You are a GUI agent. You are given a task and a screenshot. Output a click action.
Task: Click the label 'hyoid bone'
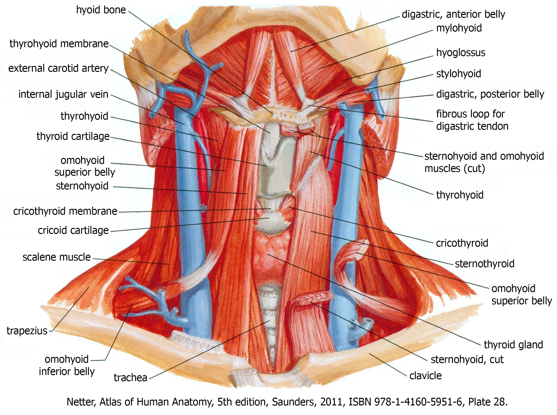pyautogui.click(x=101, y=10)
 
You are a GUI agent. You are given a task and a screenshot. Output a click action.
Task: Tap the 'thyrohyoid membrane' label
pyautogui.click(x=59, y=44)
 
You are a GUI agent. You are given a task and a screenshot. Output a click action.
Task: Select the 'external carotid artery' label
pyautogui.click(x=58, y=68)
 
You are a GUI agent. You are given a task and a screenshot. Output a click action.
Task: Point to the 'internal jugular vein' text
pyautogui.click(x=63, y=95)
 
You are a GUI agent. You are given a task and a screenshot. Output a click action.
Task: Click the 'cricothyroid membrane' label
pyautogui.click(x=65, y=211)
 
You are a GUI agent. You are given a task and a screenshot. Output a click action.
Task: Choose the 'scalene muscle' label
pyautogui.click(x=57, y=257)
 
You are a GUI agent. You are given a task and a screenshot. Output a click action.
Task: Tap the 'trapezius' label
pyautogui.click(x=27, y=331)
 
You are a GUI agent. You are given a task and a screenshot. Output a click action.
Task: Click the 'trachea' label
pyautogui.click(x=130, y=378)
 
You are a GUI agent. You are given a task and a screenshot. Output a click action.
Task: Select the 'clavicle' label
pyautogui.click(x=425, y=376)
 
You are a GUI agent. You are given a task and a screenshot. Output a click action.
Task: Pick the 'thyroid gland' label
pyautogui.click(x=513, y=345)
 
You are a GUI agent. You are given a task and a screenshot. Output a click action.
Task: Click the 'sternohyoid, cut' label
pyautogui.click(x=467, y=360)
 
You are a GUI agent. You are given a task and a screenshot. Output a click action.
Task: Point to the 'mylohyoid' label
pyautogui.click(x=459, y=28)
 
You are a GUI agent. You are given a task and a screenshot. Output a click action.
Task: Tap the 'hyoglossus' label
pyautogui.click(x=461, y=53)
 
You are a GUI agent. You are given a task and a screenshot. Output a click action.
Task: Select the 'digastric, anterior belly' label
pyautogui.click(x=453, y=14)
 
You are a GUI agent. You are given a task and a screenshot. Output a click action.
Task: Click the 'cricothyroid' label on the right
pyautogui.click(x=462, y=243)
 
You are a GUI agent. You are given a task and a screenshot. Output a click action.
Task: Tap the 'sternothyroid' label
pyautogui.click(x=484, y=263)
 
